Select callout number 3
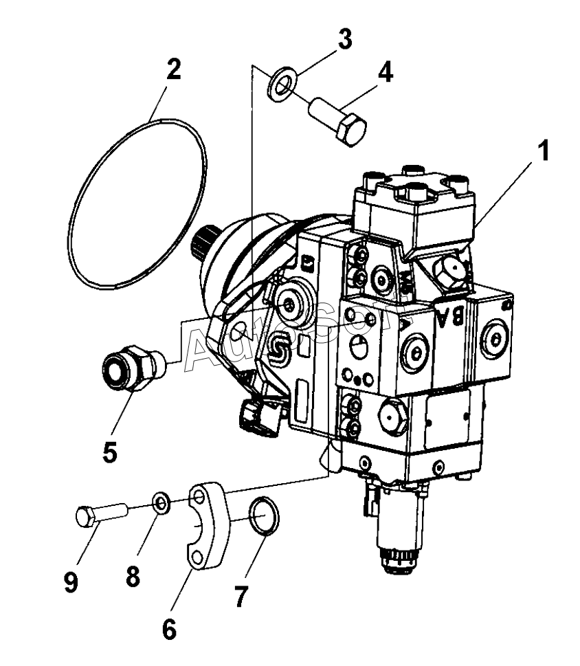coord(343,39)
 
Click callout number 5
coord(109,452)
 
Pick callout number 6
coord(169,627)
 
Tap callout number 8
coord(132,576)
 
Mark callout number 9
coord(71,583)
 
